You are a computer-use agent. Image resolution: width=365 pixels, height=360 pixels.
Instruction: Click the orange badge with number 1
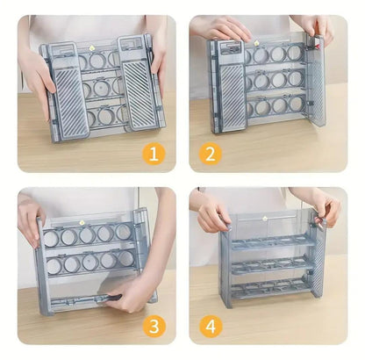point(154,155)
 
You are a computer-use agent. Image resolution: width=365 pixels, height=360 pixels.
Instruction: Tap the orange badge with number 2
point(210,155)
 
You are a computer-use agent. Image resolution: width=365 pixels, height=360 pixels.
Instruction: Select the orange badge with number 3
point(154,326)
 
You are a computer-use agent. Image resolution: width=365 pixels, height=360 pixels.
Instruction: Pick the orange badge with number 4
point(210,326)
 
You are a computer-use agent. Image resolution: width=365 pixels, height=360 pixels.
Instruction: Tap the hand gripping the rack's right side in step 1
point(160,61)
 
